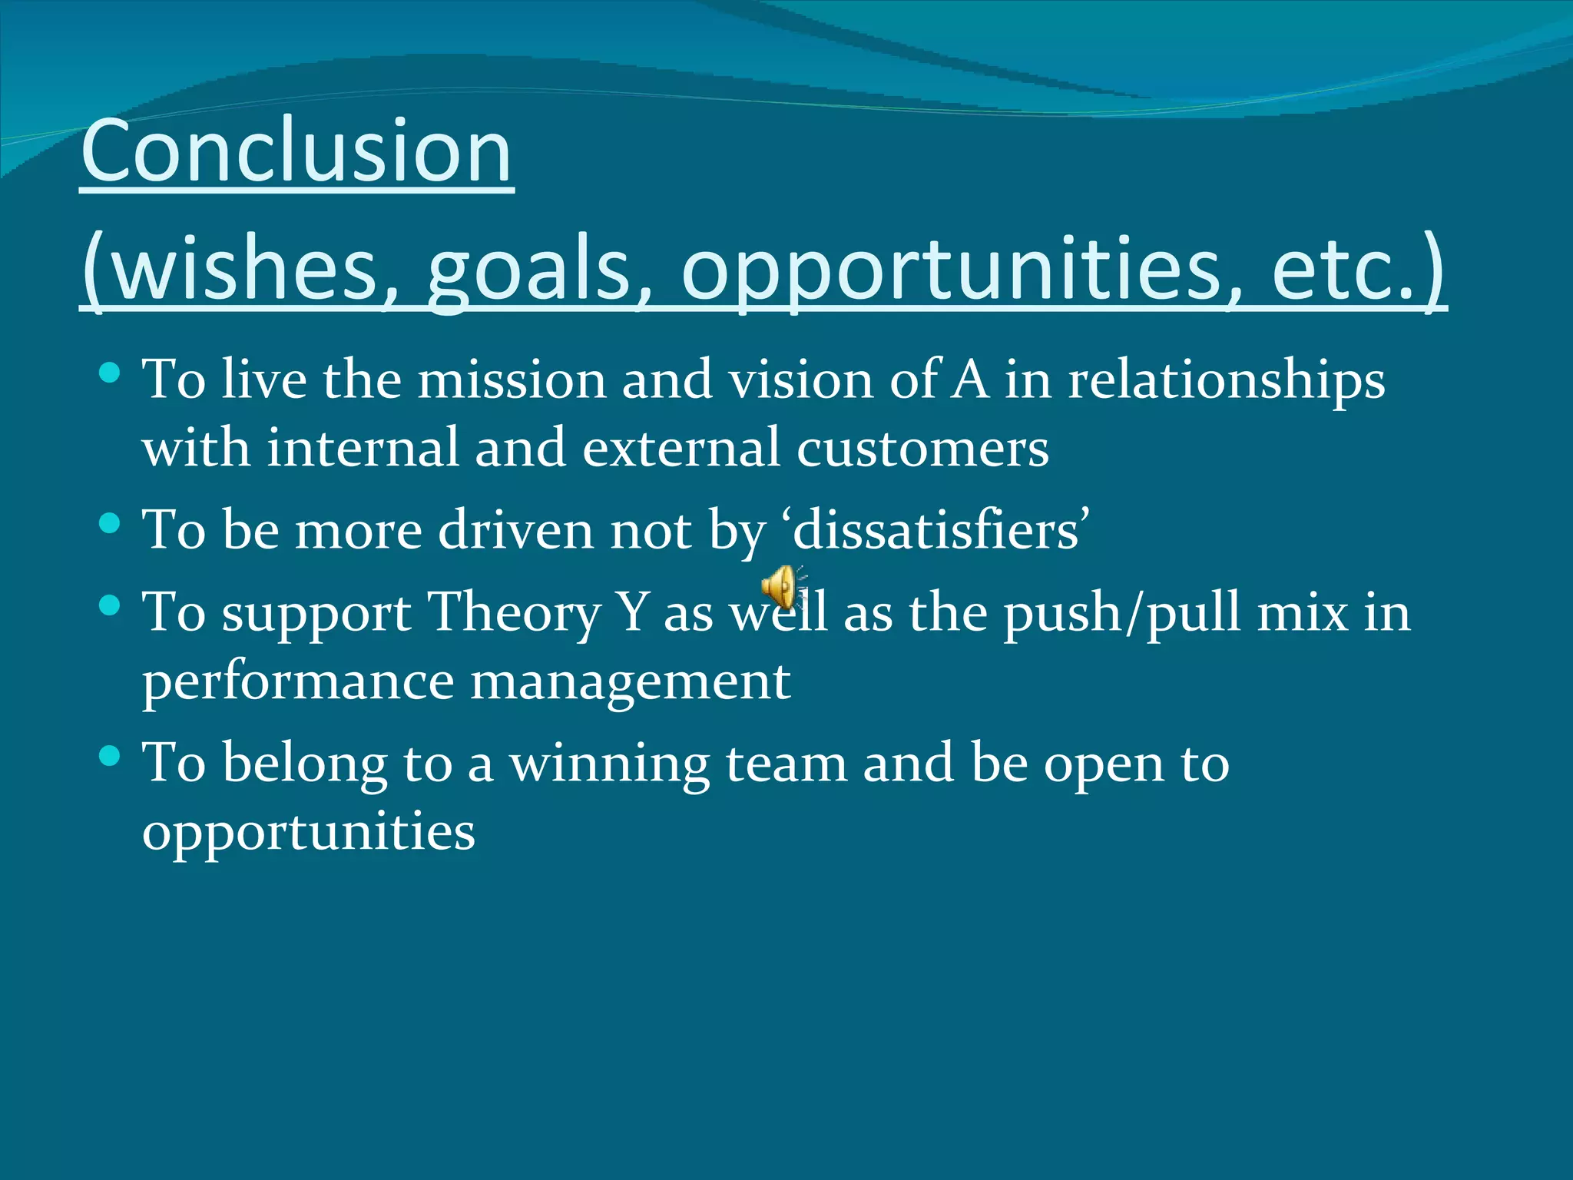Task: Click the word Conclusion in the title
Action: (x=296, y=151)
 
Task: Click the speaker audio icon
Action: (x=781, y=588)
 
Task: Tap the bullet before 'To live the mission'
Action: (x=111, y=374)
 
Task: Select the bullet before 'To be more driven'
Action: (x=111, y=524)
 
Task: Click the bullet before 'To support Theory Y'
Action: (x=111, y=606)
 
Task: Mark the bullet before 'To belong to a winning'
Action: (x=111, y=757)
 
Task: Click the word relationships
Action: (x=1227, y=380)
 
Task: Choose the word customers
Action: (x=922, y=448)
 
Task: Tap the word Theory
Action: (x=514, y=613)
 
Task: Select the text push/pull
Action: (x=1122, y=613)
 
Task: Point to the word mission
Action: (x=512, y=380)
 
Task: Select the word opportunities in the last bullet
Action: (x=309, y=832)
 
